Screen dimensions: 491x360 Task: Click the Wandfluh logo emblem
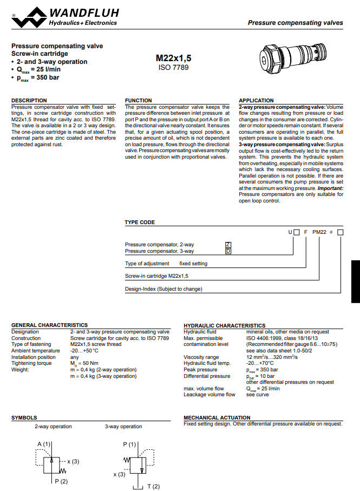point(29,16)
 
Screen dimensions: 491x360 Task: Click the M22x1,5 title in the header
point(173,58)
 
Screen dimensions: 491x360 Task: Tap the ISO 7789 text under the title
point(173,67)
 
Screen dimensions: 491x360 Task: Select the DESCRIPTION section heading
point(29,100)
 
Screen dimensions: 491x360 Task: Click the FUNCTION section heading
point(139,100)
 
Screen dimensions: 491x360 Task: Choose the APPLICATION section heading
point(256,100)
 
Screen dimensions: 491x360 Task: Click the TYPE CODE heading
point(140,222)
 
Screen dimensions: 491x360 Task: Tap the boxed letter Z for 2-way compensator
point(228,245)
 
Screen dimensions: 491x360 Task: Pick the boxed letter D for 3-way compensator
point(228,251)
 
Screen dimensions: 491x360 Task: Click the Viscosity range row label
point(201,357)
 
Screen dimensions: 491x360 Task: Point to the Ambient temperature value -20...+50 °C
point(84,351)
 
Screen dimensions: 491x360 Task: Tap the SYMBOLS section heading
point(24,418)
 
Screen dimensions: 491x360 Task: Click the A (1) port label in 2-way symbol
point(44,444)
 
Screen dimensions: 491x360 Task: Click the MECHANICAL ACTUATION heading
point(217,418)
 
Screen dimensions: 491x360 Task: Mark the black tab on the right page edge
point(355,280)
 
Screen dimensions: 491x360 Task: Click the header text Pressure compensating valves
point(295,23)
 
